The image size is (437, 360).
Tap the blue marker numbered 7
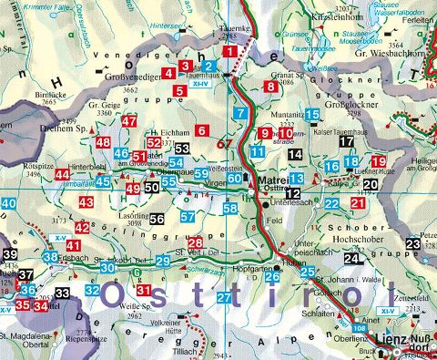pos(239,113)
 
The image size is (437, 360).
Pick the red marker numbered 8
pos(270,87)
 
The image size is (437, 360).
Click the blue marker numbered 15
pos(312,115)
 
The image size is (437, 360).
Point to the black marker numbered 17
pos(345,142)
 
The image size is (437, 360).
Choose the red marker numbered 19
pos(380,161)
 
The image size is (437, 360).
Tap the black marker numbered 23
pos(414,243)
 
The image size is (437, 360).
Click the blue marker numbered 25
pos(307,272)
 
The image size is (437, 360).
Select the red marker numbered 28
pos(196,242)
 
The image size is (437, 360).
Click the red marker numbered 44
pos(61,174)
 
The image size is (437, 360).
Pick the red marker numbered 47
pos(129,121)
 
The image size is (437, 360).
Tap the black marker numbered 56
pos(157,219)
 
